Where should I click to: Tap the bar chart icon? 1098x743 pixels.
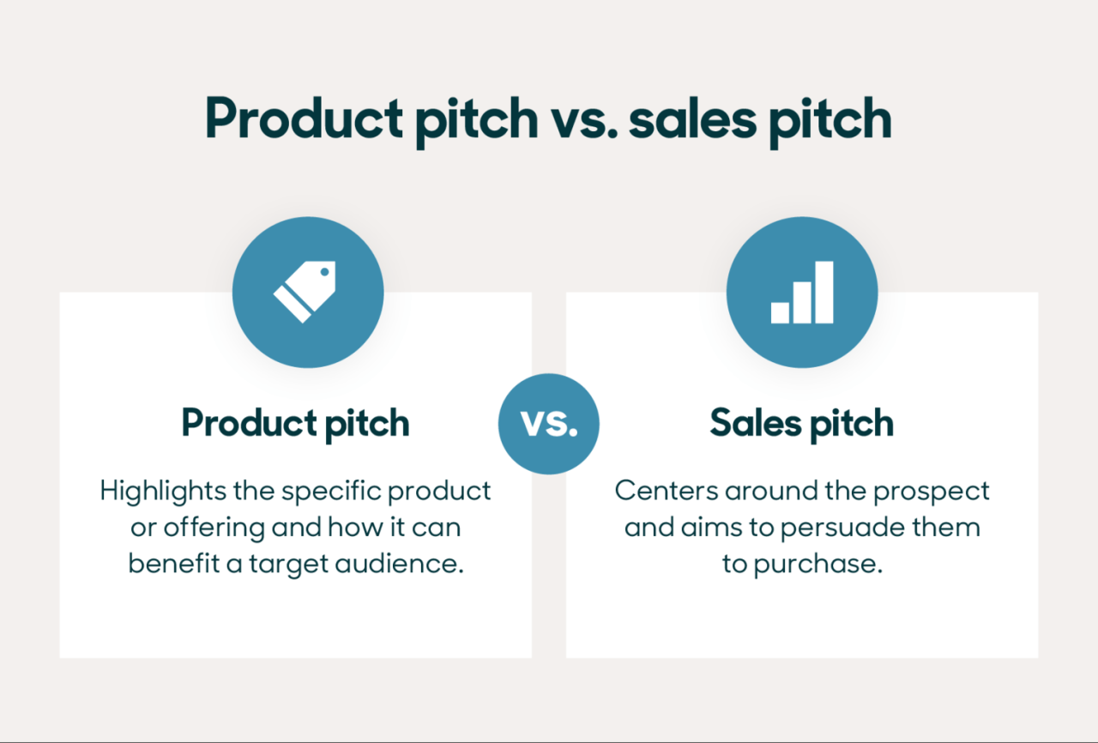[801, 292]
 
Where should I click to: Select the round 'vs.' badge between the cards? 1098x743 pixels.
[549, 424]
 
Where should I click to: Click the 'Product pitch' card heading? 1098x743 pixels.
[295, 423]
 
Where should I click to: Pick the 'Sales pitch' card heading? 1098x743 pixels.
[801, 423]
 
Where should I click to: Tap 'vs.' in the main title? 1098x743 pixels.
[583, 120]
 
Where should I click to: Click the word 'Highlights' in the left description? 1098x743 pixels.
[155, 491]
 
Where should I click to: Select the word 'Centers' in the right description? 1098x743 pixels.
[666, 491]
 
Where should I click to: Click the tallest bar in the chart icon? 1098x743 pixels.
[823, 292]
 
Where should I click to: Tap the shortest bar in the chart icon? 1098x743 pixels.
[780, 312]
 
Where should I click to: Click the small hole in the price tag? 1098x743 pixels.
[324, 274]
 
